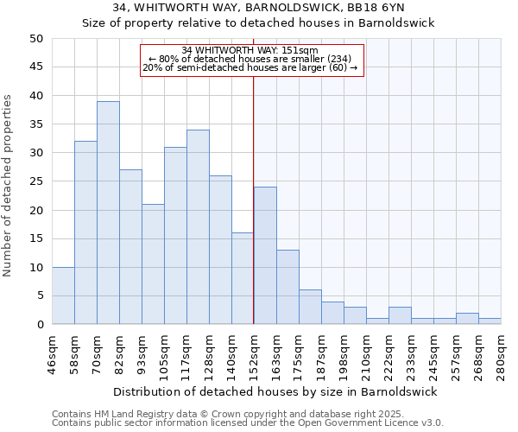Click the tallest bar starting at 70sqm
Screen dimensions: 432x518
pos(108,213)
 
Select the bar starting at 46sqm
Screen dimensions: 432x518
pos(63,295)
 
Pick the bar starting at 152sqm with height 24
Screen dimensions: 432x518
pos(265,256)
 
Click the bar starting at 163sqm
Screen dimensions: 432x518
pos(287,287)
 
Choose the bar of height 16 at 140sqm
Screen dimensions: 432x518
pos(243,278)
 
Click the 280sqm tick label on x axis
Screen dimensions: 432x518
pos(501,354)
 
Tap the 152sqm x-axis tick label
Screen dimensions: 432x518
pos(254,354)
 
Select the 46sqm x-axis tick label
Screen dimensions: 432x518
pos(52,354)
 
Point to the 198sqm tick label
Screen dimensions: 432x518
pos(344,354)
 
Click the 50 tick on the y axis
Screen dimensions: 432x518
pos(35,39)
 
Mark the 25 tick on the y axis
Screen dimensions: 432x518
pos(35,181)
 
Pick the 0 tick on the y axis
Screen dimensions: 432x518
pos(39,325)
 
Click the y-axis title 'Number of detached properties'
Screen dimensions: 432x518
pos(9,186)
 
